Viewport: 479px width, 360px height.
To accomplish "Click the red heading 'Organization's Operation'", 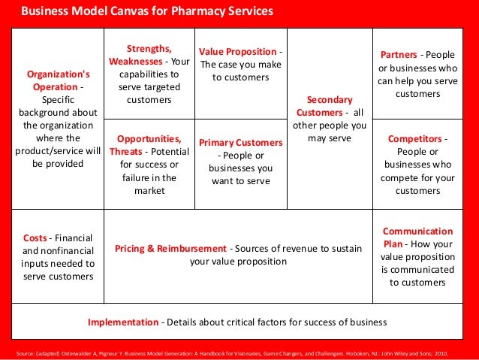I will [x=58, y=80].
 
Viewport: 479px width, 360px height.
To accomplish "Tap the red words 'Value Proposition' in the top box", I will [x=238, y=50].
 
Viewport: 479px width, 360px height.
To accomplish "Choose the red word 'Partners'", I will [x=398, y=55].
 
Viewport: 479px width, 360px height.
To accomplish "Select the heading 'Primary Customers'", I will [x=240, y=142].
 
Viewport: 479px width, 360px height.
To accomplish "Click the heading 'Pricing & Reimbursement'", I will [x=170, y=248].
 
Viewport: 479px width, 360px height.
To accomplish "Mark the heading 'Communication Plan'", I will [x=417, y=237].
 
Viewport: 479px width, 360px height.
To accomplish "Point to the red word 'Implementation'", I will [x=123, y=322].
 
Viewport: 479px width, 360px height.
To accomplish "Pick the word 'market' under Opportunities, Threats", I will [x=149, y=191].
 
